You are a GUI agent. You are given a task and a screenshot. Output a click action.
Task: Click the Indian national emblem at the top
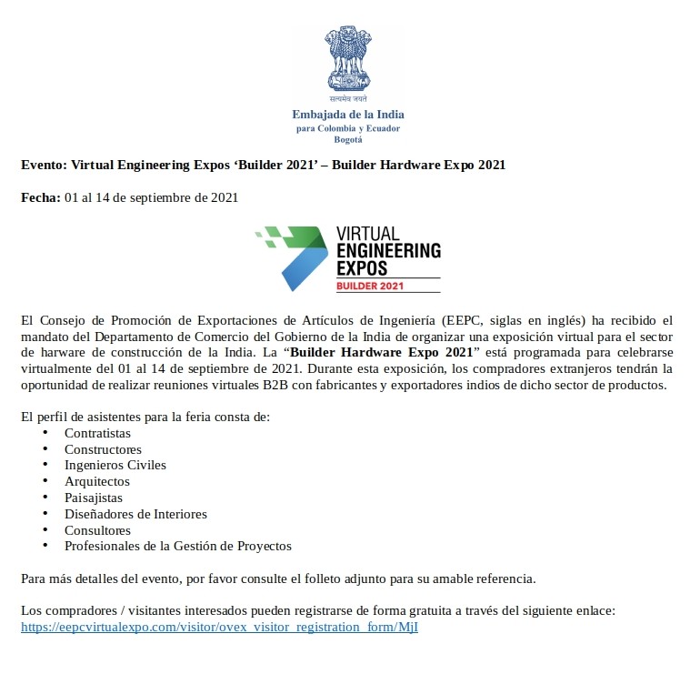pos(347,64)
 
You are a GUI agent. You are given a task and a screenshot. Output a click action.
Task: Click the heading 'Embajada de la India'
pos(348,115)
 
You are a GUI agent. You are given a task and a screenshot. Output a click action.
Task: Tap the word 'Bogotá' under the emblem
pos(348,139)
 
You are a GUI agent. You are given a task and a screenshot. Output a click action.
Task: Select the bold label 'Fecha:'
pos(41,197)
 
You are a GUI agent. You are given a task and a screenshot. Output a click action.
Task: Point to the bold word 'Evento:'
pos(44,165)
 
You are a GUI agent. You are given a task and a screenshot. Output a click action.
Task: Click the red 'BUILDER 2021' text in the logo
pos(369,286)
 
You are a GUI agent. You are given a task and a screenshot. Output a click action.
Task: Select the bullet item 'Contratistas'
pos(97,433)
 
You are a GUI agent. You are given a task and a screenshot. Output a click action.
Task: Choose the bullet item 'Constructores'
pos(103,449)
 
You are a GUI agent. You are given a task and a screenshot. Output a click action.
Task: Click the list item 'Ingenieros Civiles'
pos(115,465)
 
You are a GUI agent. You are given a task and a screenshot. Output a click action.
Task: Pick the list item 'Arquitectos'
pos(96,481)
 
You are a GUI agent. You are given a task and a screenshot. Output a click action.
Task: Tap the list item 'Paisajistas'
pos(93,498)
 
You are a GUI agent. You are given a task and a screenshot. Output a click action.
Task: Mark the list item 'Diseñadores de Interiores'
pos(135,514)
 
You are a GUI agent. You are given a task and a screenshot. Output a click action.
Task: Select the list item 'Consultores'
pos(97,530)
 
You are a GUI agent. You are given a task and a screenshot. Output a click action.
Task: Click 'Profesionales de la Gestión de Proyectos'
pos(177,546)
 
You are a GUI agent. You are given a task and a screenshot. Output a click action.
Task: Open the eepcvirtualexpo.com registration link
pos(219,628)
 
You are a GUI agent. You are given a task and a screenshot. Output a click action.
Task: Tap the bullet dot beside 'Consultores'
pos(45,529)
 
